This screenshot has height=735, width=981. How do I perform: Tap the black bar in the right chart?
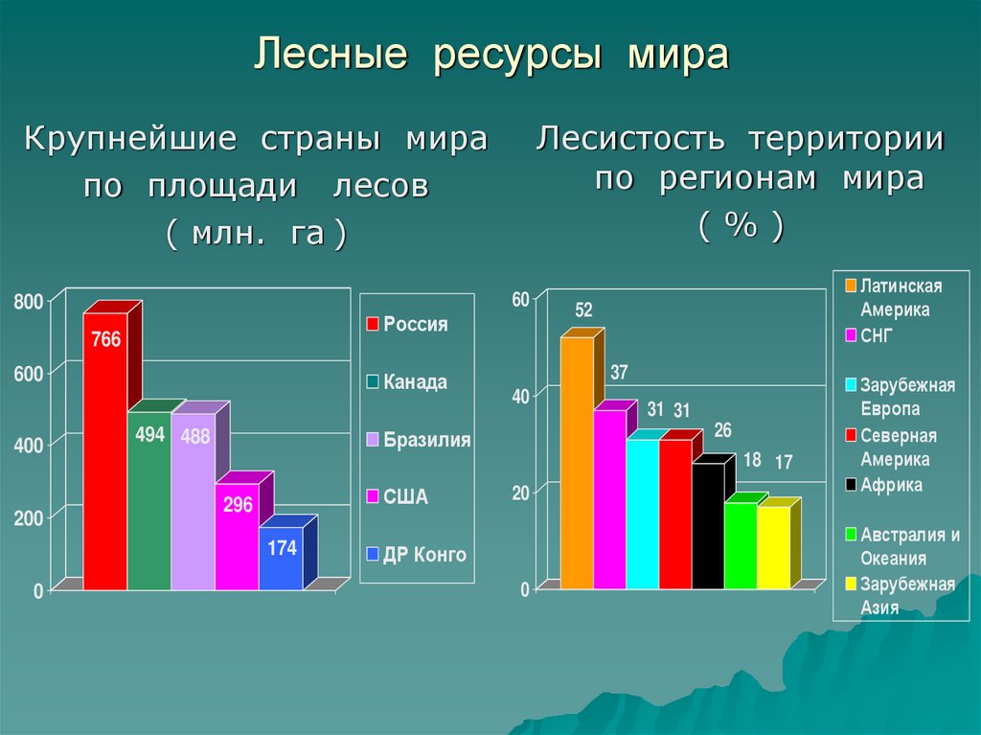pyautogui.click(x=708, y=526)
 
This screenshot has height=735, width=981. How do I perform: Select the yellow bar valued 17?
pyautogui.click(x=773, y=547)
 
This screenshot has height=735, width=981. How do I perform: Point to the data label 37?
pyautogui.click(x=619, y=372)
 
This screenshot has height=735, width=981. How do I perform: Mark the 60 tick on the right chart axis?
pyautogui.click(x=520, y=300)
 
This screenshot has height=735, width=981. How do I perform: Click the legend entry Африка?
pyautogui.click(x=891, y=485)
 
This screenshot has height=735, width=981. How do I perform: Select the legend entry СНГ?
pyautogui.click(x=876, y=336)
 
